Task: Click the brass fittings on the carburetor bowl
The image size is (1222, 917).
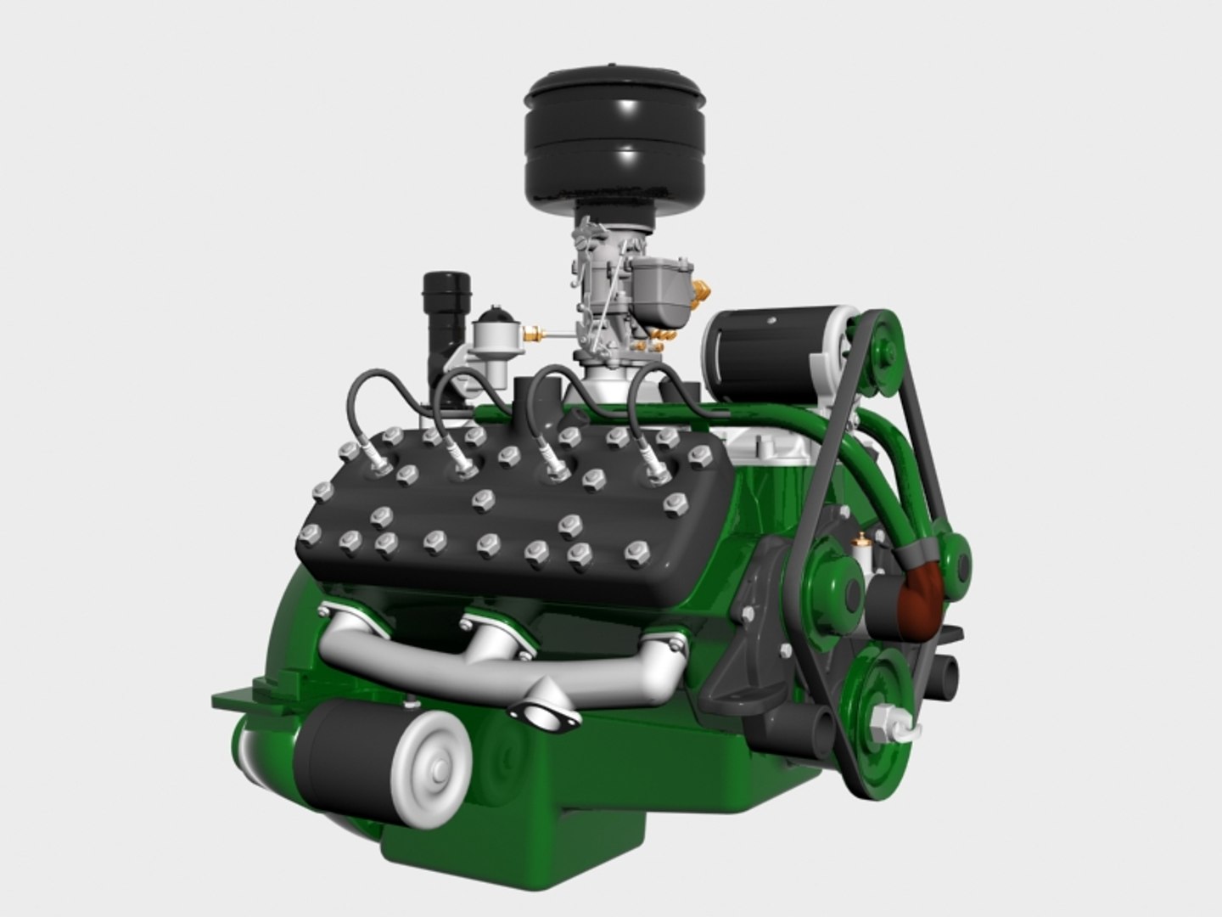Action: point(701,293)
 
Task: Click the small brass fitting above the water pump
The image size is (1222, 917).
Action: point(863,537)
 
